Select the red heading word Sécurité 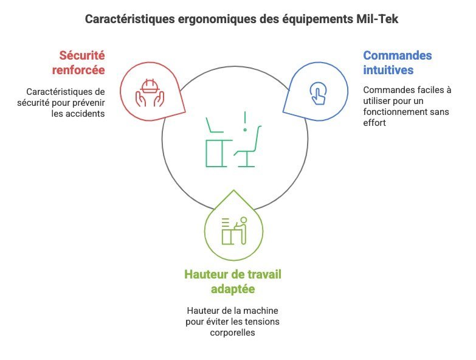82,55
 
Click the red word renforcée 78,70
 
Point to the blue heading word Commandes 398,55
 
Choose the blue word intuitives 388,70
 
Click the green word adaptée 233,289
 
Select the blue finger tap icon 318,94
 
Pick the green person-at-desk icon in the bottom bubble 234,230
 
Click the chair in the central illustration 248,146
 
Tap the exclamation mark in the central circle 244,122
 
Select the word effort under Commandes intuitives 374,123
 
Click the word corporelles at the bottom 233,333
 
